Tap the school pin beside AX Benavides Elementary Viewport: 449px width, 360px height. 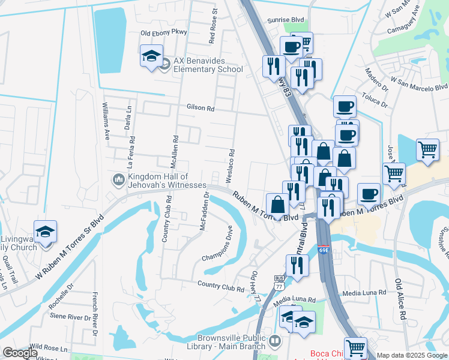pos(151,57)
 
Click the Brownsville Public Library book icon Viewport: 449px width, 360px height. pos(274,341)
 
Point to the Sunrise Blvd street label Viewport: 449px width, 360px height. pos(286,20)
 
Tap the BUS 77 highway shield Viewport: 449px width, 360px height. pos(280,283)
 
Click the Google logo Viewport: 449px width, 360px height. pos(20,353)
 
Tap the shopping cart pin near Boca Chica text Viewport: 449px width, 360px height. pos(355,347)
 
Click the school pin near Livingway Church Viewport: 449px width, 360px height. pos(45,232)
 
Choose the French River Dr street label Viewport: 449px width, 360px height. pos(95,315)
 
